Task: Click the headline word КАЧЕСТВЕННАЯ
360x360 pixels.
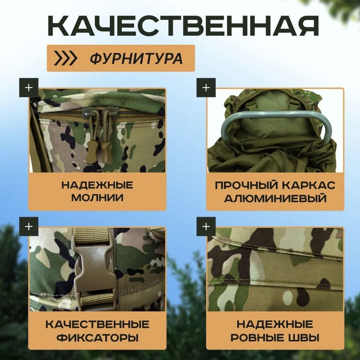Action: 183,26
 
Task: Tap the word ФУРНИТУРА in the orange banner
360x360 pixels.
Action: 136,58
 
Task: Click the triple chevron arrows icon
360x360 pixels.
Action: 65,58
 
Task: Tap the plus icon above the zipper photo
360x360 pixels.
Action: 29,88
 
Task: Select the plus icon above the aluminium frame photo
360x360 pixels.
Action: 206,88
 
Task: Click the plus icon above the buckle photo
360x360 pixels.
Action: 29,226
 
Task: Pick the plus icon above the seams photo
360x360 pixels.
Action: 206,226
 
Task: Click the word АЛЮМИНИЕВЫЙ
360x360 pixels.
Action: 275,198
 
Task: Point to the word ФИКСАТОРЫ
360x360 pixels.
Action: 98,338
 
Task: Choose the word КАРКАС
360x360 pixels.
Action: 309,185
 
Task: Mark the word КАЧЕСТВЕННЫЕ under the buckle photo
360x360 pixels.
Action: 97,324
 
